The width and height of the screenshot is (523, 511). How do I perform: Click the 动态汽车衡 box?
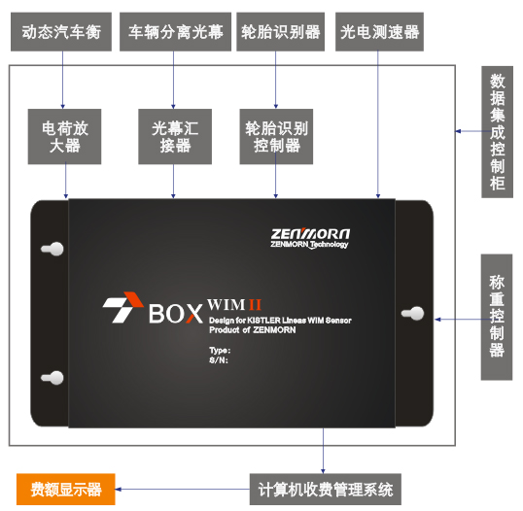[61, 32]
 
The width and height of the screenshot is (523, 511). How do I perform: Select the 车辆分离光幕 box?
[175, 32]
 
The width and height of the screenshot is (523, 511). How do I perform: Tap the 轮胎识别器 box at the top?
[281, 32]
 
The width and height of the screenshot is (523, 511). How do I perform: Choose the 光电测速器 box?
[379, 32]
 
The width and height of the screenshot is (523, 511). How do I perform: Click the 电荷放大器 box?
[65, 137]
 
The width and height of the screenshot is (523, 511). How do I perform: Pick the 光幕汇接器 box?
[175, 137]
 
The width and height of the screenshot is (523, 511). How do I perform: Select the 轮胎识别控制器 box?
[276, 137]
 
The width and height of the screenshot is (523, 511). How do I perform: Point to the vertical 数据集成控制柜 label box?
[498, 132]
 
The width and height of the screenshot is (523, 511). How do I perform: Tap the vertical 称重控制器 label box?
[497, 317]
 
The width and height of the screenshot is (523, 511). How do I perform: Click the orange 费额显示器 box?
[66, 490]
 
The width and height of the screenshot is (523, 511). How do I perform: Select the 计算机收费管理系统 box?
[326, 490]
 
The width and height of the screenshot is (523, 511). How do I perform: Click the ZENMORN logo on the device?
[310, 238]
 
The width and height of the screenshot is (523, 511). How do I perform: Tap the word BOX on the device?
[175, 314]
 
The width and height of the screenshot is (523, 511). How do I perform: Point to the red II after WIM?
[255, 304]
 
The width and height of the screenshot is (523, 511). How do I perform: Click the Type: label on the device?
[220, 351]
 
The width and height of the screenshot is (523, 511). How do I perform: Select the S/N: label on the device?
[219, 360]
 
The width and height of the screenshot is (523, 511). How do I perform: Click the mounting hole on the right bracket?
[413, 314]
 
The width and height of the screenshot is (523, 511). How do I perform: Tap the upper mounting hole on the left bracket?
[52, 249]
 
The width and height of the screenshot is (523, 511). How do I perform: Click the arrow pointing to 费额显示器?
[183, 490]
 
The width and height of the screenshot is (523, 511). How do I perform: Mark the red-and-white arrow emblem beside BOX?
[122, 307]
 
